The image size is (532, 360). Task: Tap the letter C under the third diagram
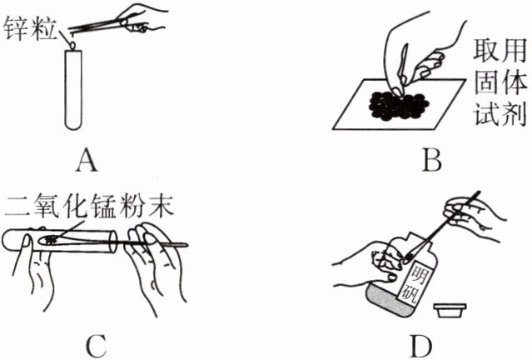coord(97,342)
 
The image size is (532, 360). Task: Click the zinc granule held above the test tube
coord(73,36)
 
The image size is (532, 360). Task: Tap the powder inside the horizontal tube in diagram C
coord(52,240)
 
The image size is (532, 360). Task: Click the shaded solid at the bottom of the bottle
coord(392,302)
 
